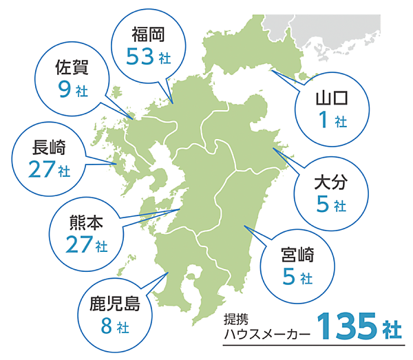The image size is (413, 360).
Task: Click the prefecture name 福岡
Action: pos(147,32)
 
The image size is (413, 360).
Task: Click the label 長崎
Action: pos(48,146)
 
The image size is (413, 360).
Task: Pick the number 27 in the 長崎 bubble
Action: pos(42,169)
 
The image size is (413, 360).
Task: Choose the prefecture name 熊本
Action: pos(85,222)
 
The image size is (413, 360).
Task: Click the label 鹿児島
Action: pos(114,303)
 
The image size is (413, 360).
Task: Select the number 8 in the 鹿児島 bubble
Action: pos(106,326)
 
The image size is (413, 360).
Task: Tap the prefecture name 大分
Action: pos(330,182)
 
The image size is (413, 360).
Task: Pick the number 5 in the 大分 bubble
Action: pos(321,204)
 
